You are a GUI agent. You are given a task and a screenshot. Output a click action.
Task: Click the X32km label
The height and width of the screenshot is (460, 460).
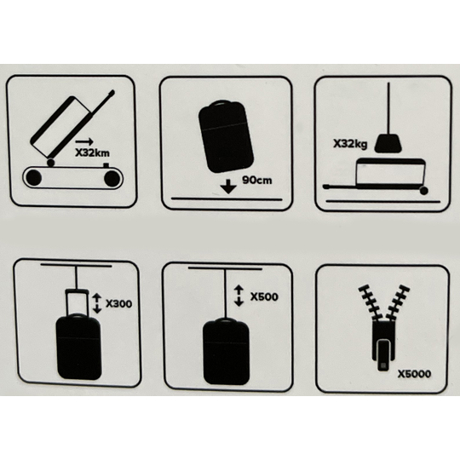tap(92, 153)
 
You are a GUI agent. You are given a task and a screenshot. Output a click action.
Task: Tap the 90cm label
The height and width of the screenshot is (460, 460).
tap(257, 180)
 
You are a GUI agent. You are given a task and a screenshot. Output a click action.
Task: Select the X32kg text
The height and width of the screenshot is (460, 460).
tap(350, 144)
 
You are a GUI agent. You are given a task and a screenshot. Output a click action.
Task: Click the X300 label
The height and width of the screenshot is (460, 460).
tap(118, 303)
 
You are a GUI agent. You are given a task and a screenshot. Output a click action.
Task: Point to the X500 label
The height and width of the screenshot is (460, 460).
tap(264, 297)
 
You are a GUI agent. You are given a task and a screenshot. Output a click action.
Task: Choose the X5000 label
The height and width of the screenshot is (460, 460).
tap(414, 374)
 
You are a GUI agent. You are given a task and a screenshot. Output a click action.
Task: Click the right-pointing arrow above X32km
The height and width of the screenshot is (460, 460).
tap(84, 141)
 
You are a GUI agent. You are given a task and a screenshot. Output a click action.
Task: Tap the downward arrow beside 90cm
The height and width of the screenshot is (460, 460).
tap(228, 187)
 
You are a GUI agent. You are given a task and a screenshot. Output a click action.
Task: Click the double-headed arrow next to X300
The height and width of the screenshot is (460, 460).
tap(97, 303)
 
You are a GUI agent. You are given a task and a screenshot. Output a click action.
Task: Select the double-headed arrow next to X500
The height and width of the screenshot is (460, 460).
tap(239, 296)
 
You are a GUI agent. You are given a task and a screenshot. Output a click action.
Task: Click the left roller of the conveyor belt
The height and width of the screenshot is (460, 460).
tap(34, 177)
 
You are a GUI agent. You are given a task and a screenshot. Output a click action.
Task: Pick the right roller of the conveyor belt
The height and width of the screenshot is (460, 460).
tap(112, 178)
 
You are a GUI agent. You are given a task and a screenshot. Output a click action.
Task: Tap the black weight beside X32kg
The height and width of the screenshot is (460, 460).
tap(388, 143)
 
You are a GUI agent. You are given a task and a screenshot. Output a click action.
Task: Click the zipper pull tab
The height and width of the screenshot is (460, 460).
tap(383, 354)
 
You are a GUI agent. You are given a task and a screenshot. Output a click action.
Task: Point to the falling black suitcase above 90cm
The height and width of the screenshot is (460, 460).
tap(226, 136)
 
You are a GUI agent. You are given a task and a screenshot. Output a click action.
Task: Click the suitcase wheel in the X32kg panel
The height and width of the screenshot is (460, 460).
tap(423, 191)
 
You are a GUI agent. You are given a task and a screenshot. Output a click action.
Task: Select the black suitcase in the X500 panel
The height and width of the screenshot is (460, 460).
tap(227, 352)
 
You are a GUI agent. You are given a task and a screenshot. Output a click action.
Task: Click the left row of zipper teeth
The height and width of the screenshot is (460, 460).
tap(371, 302)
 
